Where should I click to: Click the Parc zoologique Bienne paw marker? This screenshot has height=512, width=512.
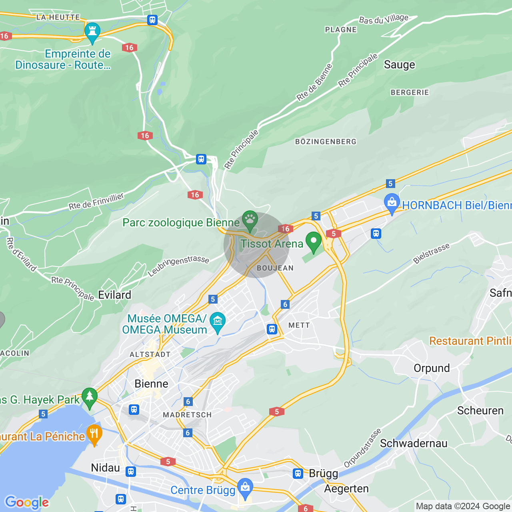tap(250, 220)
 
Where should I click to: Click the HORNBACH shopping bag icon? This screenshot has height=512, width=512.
tap(392, 203)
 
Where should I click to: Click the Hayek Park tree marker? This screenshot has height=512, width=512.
tap(89, 397)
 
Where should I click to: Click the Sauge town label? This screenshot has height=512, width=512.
tap(399, 65)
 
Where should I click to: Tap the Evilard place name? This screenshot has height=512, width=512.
tap(114, 295)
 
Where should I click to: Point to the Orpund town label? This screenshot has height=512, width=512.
tap(432, 368)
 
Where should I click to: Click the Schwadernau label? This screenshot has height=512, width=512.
tap(414, 443)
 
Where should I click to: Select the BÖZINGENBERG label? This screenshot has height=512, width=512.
tap(326, 142)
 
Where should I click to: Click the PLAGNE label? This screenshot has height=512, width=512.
tap(341, 30)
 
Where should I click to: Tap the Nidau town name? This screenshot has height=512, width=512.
tap(105, 468)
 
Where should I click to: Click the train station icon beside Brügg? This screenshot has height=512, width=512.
tap(298, 474)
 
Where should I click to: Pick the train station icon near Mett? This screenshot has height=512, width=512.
tap(272, 329)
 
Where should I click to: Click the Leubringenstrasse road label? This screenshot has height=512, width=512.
tap(178, 266)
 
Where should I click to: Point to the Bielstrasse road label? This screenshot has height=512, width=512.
tap(432, 253)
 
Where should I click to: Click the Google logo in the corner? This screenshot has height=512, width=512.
tap(27, 502)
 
